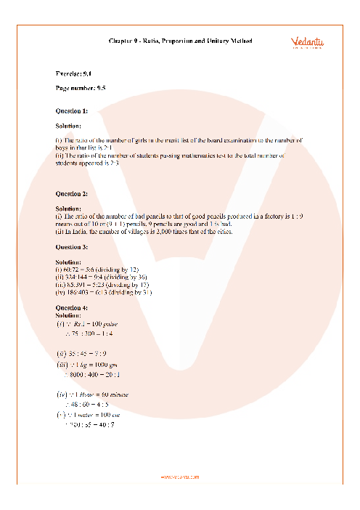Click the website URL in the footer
click(x=179, y=477)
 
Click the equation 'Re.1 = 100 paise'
click(x=93, y=324)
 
